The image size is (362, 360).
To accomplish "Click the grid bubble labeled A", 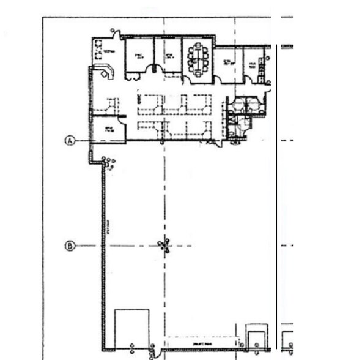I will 70,141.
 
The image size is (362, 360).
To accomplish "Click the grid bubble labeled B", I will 70,246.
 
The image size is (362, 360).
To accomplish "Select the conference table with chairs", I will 198,58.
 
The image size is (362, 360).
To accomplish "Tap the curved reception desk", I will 108,71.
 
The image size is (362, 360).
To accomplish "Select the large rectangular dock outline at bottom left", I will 132,329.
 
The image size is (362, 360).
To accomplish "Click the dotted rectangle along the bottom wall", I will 202,343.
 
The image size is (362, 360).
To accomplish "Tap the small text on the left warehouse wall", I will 107,233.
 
